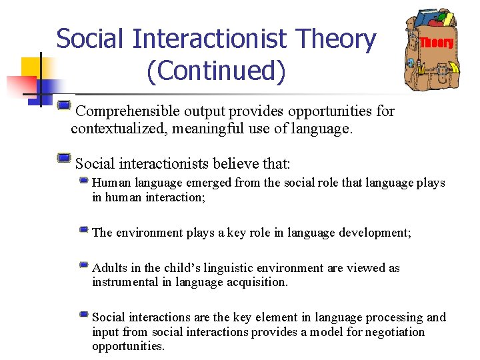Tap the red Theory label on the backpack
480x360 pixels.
pos(437,43)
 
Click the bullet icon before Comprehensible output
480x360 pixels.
pos(63,105)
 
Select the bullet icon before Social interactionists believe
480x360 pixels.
pos(63,157)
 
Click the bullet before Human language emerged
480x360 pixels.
pos(83,180)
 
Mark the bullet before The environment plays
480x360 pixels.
pos(83,229)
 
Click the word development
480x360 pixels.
pos(376,233)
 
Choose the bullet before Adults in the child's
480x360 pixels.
pos(83,265)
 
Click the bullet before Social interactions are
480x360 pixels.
pos(83,314)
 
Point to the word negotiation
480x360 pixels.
pos(392,332)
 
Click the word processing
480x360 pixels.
pos(391,317)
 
